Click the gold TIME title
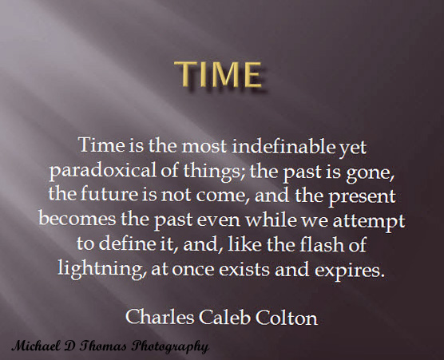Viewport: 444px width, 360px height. click(220, 74)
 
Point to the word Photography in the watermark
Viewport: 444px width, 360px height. click(168, 346)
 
